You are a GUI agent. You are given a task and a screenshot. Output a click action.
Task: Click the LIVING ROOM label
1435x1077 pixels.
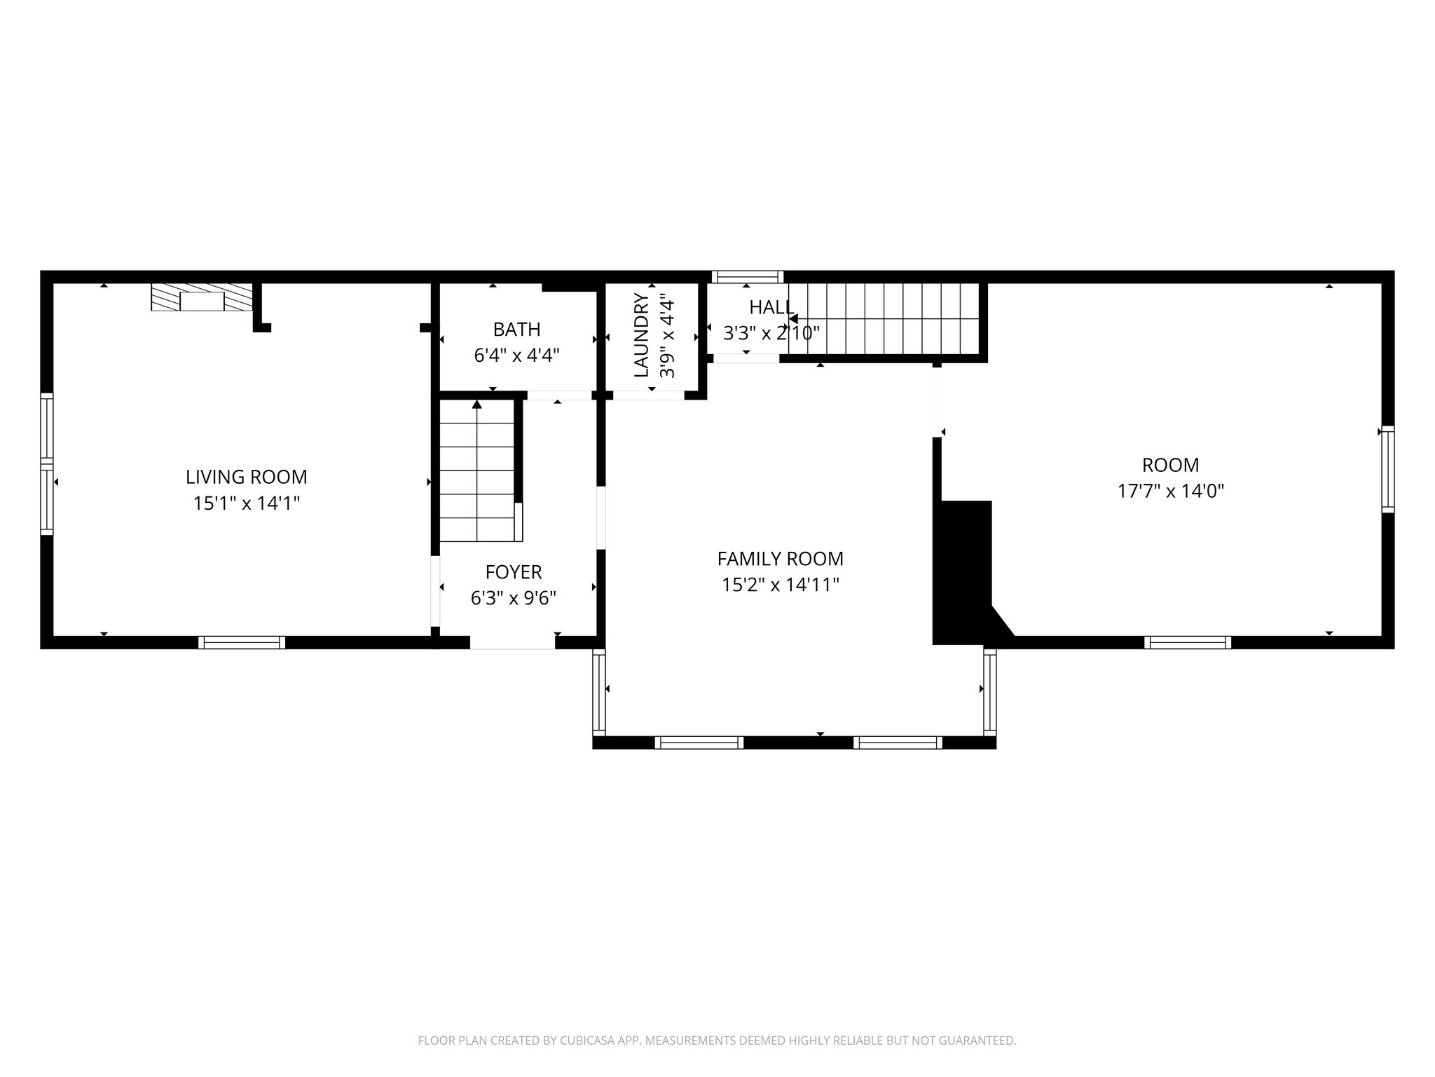click(246, 477)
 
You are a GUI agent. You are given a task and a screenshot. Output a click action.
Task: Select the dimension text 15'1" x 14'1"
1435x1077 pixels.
click(246, 503)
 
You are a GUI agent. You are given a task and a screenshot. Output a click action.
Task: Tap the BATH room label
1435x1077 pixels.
click(516, 329)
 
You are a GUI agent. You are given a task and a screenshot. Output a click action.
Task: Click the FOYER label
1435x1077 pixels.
click(513, 572)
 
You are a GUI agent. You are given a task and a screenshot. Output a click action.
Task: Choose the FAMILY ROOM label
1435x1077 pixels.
click(780, 559)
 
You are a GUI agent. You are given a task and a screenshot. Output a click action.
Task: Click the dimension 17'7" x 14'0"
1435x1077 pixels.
click(1170, 491)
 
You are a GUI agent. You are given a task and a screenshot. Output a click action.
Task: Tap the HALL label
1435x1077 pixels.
click(771, 307)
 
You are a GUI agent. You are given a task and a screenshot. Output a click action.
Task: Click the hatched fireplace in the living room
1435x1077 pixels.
click(202, 297)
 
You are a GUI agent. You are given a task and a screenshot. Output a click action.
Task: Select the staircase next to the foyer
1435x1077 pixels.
click(477, 471)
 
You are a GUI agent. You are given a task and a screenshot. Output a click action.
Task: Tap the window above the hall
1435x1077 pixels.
click(748, 276)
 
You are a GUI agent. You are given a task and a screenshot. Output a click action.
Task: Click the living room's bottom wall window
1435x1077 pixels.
click(242, 642)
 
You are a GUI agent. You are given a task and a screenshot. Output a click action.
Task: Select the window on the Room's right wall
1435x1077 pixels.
click(1387, 468)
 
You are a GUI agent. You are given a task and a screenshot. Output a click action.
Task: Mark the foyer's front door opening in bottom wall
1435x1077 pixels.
click(512, 642)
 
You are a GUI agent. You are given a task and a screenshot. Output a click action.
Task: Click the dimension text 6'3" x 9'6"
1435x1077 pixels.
click(513, 598)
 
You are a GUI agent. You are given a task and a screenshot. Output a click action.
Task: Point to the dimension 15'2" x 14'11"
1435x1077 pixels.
click(780, 585)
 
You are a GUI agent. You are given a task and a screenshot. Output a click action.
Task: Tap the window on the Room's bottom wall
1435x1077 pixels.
click(1188, 642)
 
